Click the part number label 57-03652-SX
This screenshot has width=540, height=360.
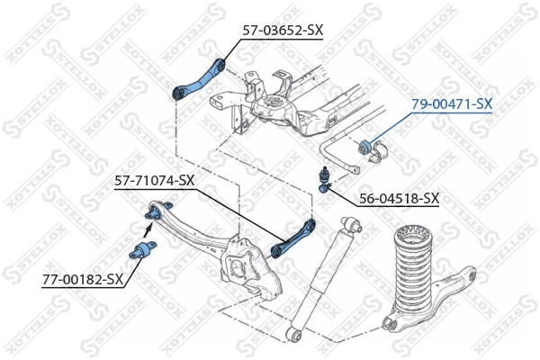[x=282, y=30]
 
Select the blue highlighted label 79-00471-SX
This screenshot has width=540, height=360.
[x=452, y=104]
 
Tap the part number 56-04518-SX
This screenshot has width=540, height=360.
[x=399, y=198]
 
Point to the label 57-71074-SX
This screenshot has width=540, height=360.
[x=154, y=180]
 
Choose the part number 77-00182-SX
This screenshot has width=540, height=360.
[x=82, y=279]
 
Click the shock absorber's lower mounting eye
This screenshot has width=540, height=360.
[x=295, y=334]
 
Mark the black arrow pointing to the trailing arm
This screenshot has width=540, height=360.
[x=148, y=236]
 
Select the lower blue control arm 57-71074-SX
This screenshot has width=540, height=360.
[x=293, y=235]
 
